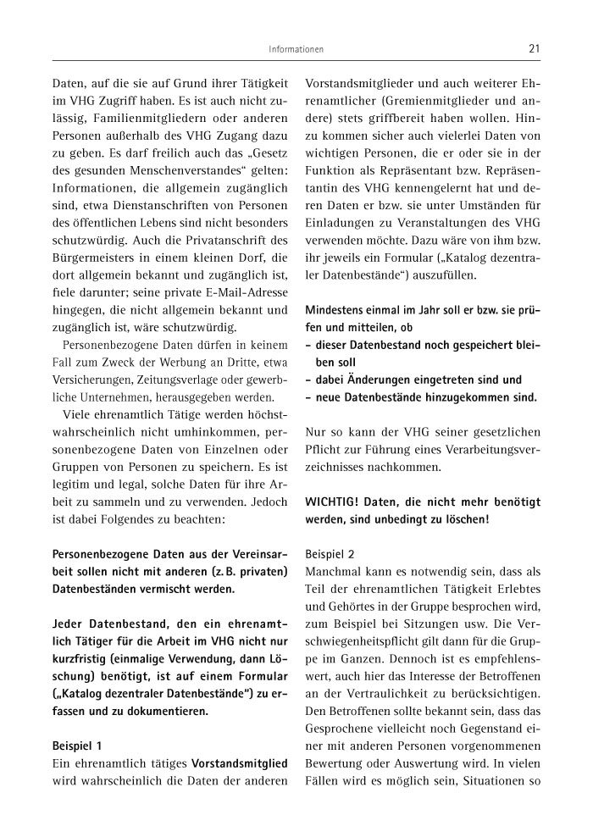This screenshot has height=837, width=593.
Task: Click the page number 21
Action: [x=534, y=49]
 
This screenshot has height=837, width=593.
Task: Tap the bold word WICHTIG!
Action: [x=335, y=502]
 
